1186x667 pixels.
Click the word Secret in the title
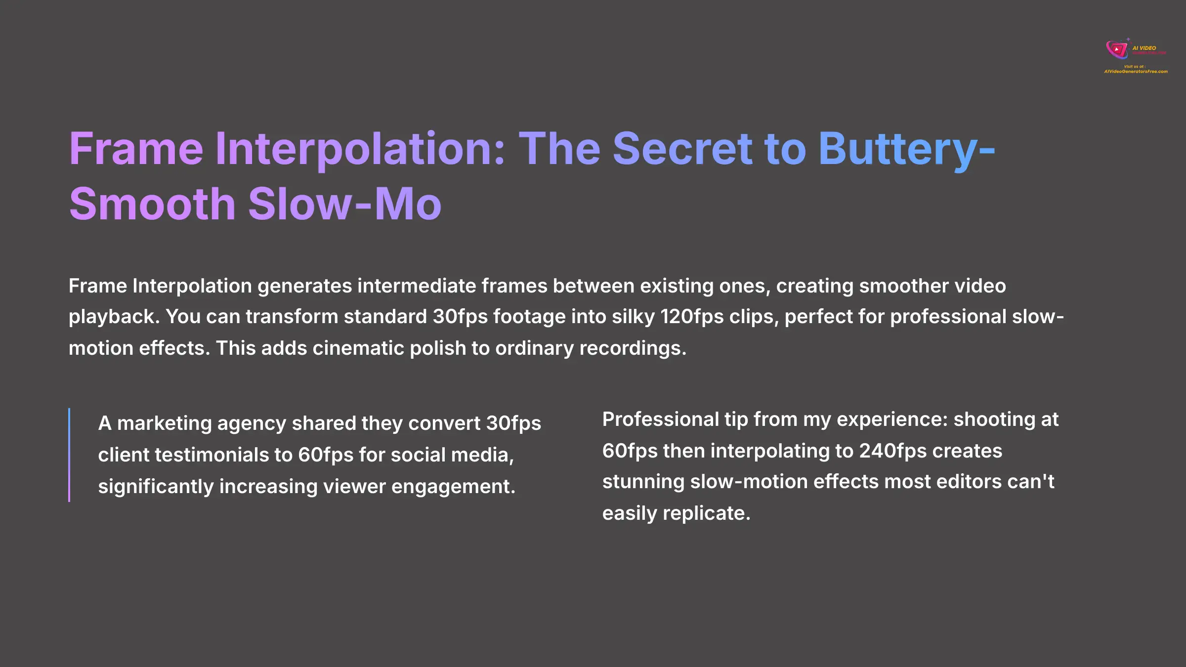pyautogui.click(x=682, y=149)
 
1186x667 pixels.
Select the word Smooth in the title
pyautogui.click(x=152, y=204)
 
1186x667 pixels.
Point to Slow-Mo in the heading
pyautogui.click(x=344, y=204)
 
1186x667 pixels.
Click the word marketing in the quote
pyautogui.click(x=165, y=423)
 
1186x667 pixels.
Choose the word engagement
pyautogui.click(x=453, y=487)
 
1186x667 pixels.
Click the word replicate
pyautogui.click(x=706, y=513)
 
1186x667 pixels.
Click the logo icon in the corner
pyautogui.click(x=1116, y=49)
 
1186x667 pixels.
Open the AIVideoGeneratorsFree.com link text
pyautogui.click(x=1136, y=72)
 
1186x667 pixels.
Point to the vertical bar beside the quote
pyautogui.click(x=69, y=455)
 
